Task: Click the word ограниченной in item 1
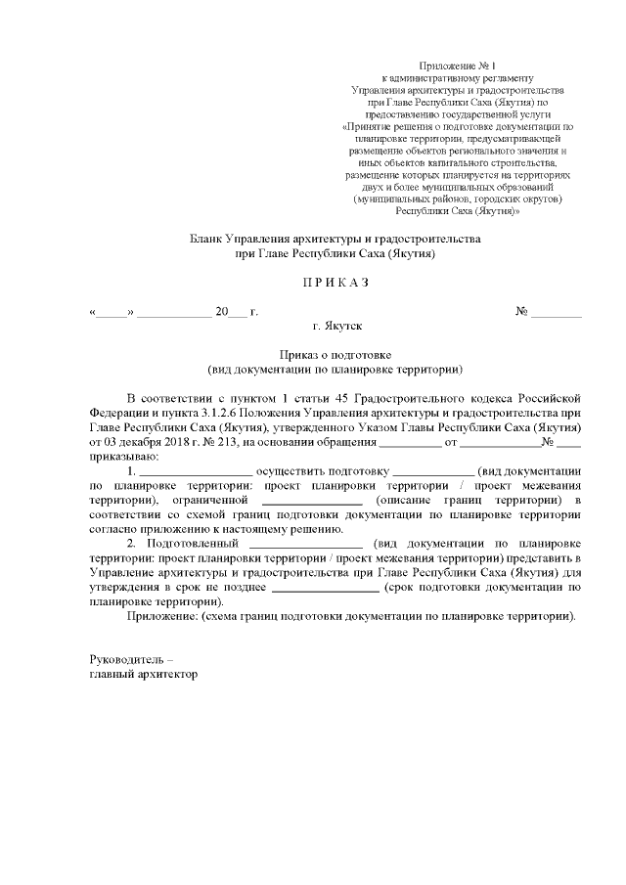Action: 216,501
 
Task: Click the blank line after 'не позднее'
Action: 325,587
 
